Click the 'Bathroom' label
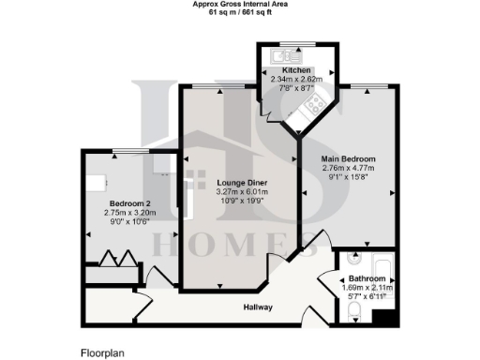click(x=367, y=278)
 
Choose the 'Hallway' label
click(x=258, y=307)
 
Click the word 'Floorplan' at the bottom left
click(x=102, y=353)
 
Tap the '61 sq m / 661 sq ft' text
click(x=240, y=11)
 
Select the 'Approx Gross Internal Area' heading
click(x=240, y=4)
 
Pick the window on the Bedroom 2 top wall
click(x=130, y=150)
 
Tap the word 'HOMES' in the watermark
click(x=240, y=247)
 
